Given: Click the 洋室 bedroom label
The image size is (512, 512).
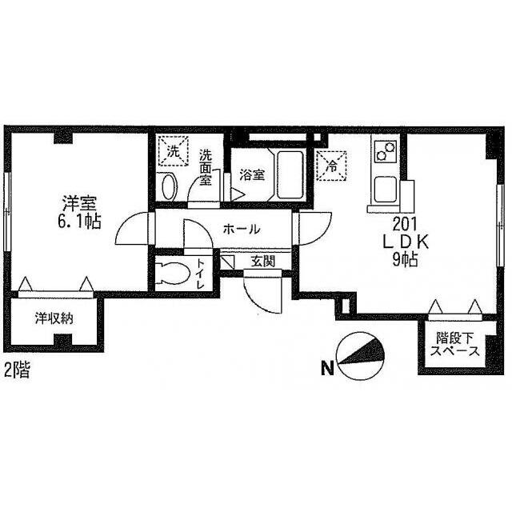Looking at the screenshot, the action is point(79,203).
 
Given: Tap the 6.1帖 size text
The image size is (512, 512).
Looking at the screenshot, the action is point(79,222).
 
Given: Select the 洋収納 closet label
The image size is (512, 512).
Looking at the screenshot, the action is point(54,318).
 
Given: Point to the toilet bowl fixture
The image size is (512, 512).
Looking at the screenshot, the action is point(173,273).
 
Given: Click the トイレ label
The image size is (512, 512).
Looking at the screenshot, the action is point(200,274).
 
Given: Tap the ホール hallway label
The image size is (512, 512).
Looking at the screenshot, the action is point(242,230).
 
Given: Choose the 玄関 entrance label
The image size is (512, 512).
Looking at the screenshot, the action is point(263,261).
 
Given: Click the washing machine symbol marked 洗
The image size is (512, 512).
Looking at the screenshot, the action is point(173,151).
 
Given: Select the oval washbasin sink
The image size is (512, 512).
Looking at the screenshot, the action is point(169,186).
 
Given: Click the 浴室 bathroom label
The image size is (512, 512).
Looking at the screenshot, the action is point(252,175).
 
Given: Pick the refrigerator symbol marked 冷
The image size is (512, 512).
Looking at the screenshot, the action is point(332,166).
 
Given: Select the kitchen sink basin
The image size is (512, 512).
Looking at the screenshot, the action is point(386,190).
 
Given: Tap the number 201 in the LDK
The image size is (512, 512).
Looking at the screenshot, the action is point(406,224).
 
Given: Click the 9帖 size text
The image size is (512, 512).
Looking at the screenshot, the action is point(405,260).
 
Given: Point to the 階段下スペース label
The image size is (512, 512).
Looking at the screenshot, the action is point(455,345).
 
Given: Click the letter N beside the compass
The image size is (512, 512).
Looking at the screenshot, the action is point(327,369).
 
